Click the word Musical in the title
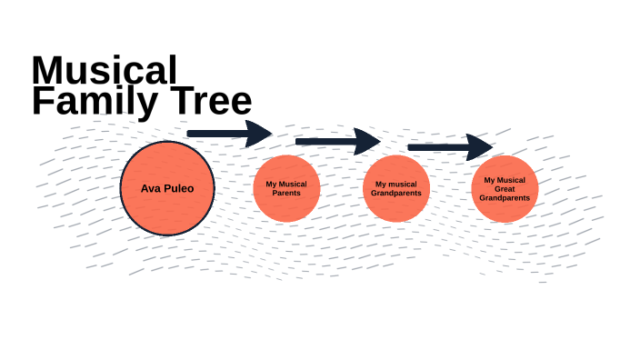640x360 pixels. [105, 71]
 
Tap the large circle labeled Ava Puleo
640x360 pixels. [167, 188]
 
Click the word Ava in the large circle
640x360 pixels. [151, 189]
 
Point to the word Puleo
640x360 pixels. [179, 189]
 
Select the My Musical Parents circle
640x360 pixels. [286, 188]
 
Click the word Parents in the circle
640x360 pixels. [286, 193]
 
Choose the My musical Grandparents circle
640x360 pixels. [396, 188]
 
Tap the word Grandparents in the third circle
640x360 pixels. [396, 193]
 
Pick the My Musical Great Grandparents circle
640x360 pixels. [505, 188]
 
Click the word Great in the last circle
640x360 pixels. [505, 188]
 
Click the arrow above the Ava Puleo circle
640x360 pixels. [227, 134]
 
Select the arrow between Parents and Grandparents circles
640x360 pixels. [337, 141]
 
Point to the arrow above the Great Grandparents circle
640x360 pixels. [449, 146]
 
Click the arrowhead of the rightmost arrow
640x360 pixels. [480, 146]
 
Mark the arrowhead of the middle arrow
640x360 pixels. [368, 141]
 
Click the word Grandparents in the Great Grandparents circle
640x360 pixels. [505, 197]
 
